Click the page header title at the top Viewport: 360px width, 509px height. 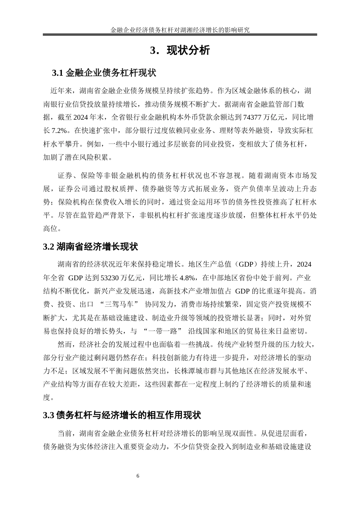(180, 30)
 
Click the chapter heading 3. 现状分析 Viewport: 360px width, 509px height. (180, 51)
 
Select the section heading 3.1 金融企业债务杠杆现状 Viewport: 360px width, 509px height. (104, 72)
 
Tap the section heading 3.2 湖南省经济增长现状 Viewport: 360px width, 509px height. (91, 247)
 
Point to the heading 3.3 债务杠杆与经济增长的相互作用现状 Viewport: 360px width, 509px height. (122, 415)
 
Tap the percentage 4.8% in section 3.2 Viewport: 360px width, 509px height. (188, 278)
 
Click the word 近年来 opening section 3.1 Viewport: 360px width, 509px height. (61, 91)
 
